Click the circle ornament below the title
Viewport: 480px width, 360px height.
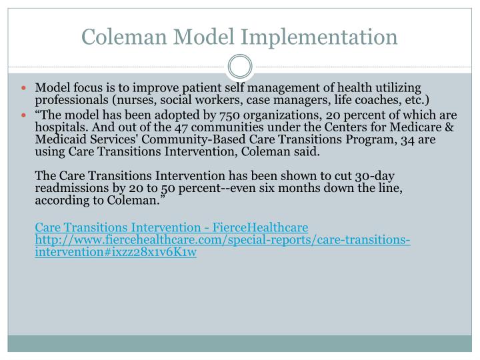[x=240, y=67]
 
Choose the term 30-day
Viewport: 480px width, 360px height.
[x=375, y=176]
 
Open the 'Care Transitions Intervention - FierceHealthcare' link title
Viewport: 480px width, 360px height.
[x=171, y=227]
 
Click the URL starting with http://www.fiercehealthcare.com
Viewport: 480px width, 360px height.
[x=222, y=239]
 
